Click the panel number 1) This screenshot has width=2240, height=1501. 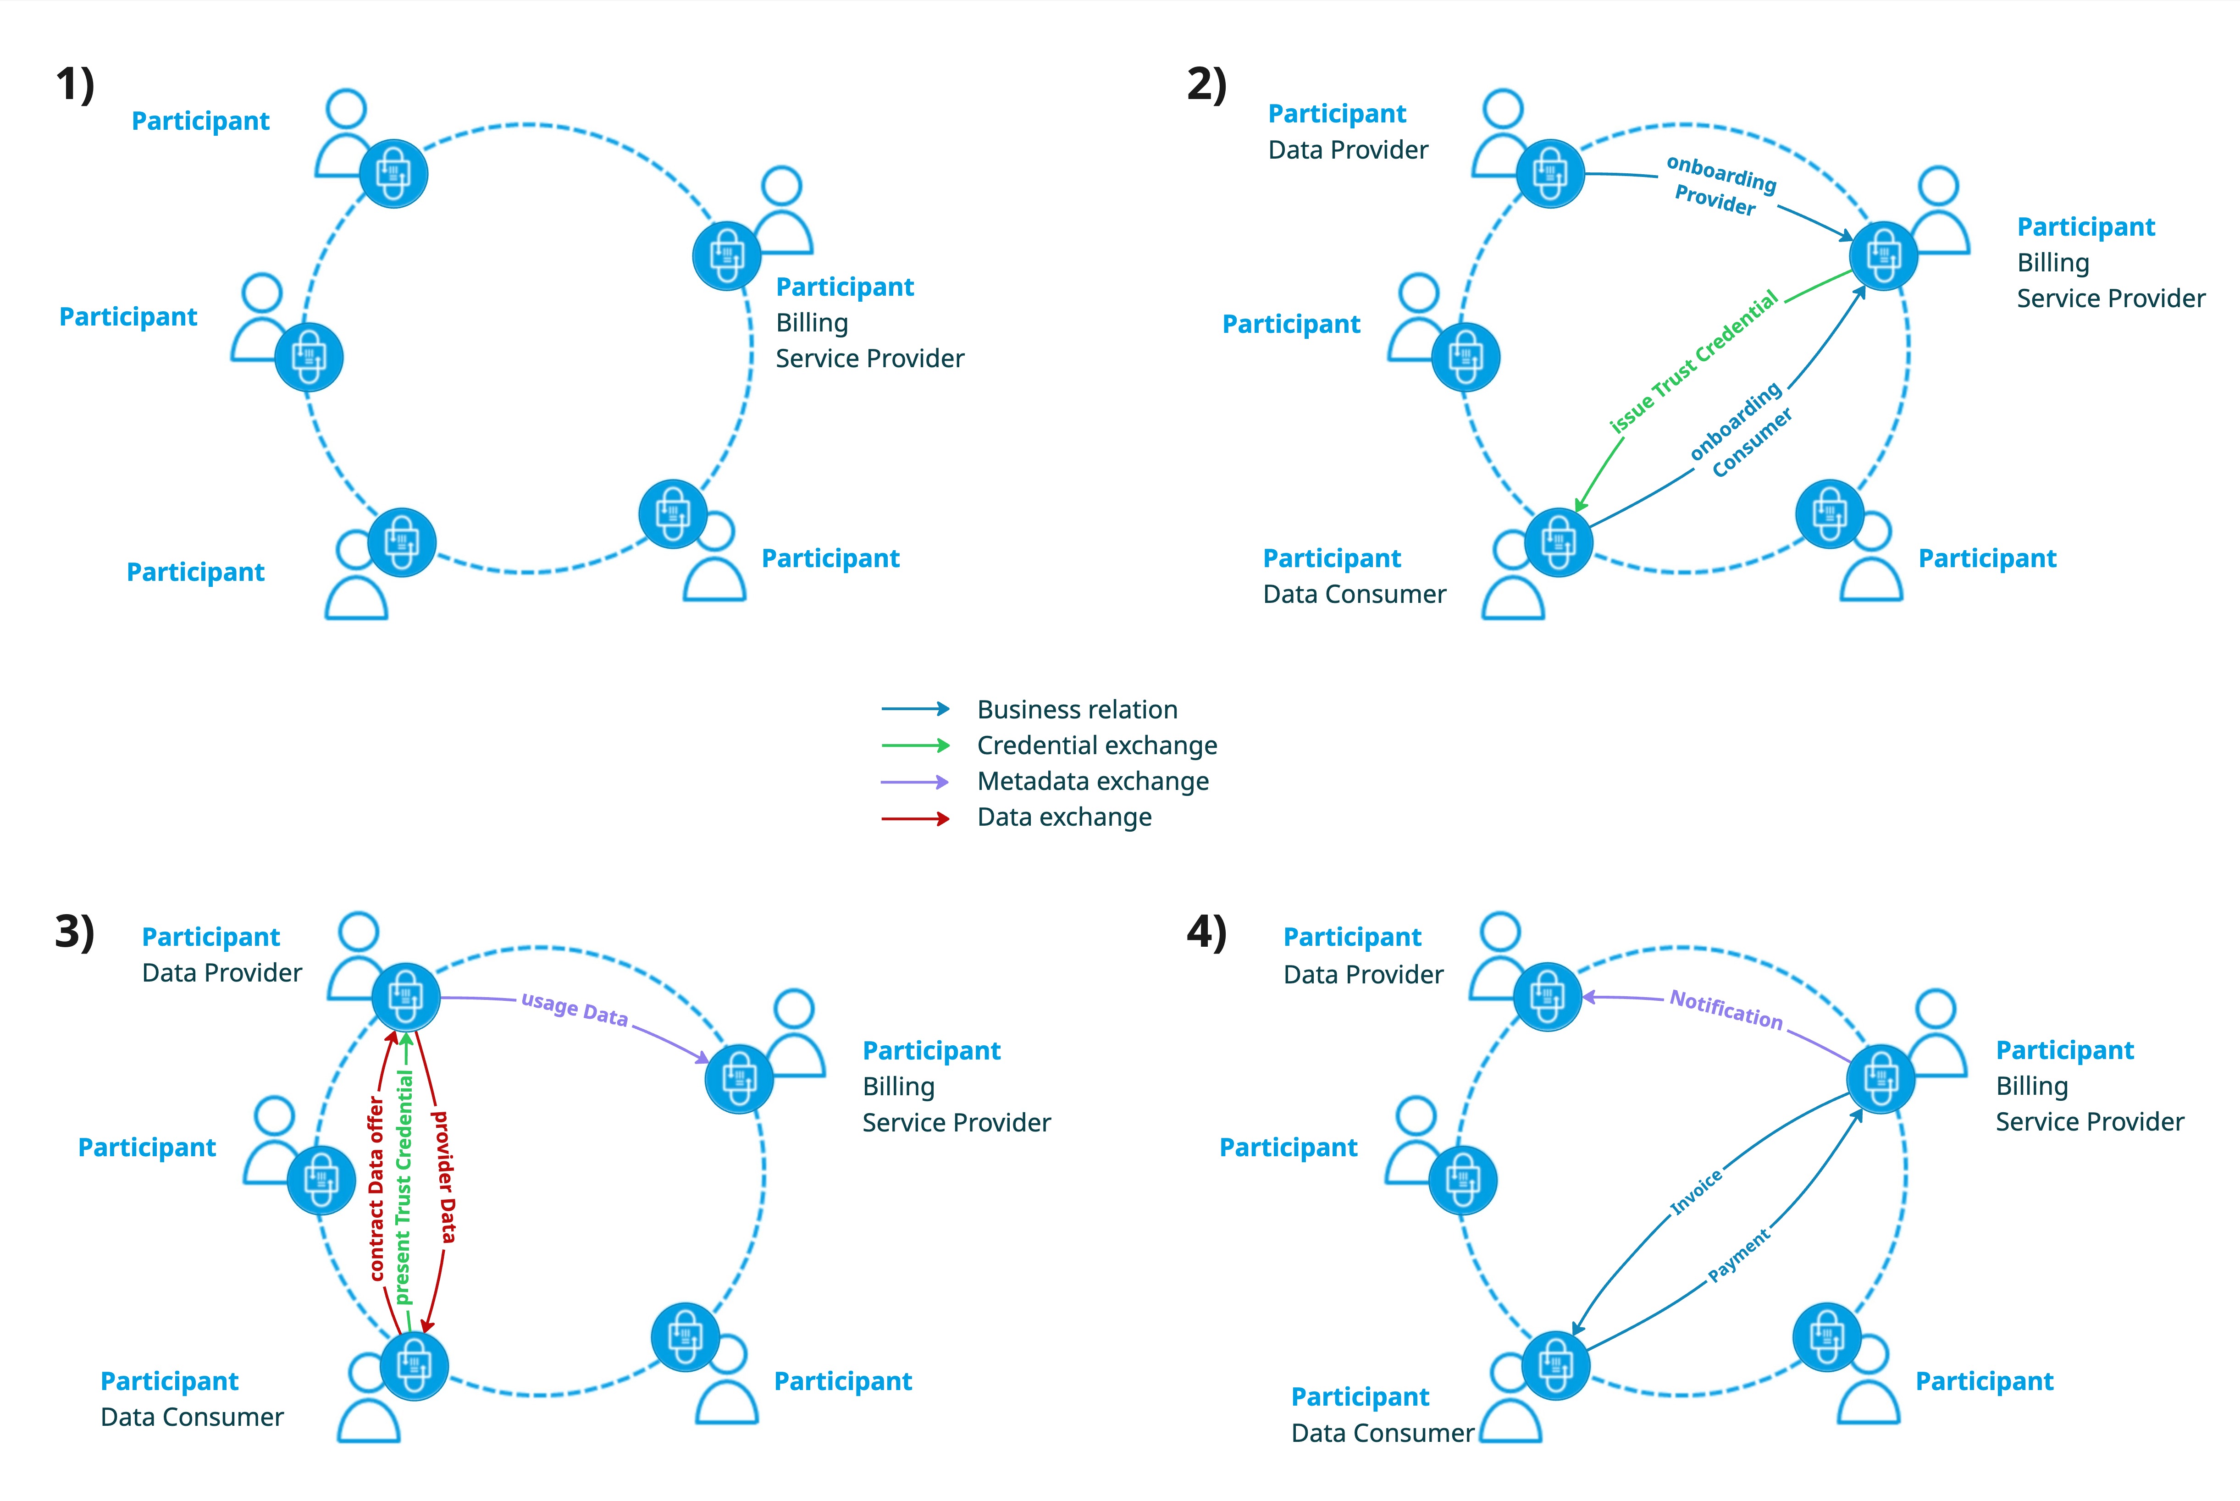click(x=75, y=84)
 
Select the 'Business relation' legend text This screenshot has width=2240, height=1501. click(x=1077, y=709)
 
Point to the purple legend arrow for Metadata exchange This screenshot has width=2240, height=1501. click(x=915, y=782)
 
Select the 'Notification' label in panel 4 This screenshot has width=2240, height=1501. click(x=1726, y=1009)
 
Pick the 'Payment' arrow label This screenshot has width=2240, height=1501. click(x=1739, y=1255)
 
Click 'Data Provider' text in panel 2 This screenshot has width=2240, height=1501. click(x=1348, y=150)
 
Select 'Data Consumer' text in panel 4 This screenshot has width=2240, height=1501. click(x=1383, y=1433)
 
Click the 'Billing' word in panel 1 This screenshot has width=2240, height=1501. click(x=812, y=324)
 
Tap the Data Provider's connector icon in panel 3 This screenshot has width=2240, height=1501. click(x=406, y=997)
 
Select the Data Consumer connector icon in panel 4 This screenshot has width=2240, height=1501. click(x=1555, y=1366)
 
